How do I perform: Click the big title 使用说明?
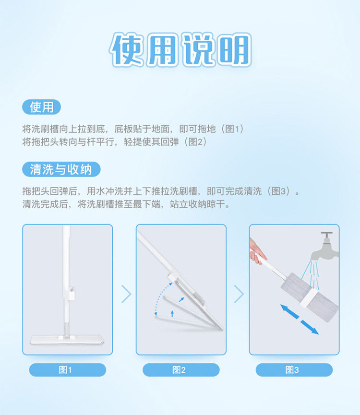tap(180, 49)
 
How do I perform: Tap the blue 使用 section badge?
tap(42, 107)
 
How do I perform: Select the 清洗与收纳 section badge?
tap(61, 169)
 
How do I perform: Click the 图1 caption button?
tap(68, 370)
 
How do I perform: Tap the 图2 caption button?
tap(181, 370)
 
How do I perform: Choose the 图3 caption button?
tap(294, 370)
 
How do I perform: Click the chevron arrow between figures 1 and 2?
tap(127, 294)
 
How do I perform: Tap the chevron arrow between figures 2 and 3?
tap(239, 294)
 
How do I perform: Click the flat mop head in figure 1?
tap(67, 340)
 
